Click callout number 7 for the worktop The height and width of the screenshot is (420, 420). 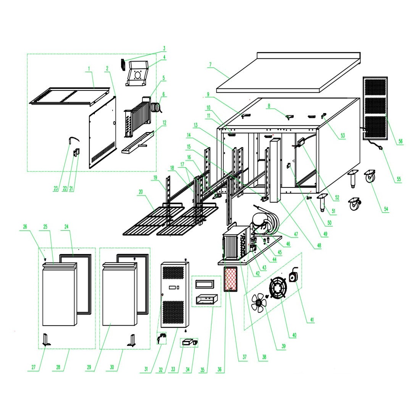tap(210, 65)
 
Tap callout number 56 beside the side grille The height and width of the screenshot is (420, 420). tap(401, 141)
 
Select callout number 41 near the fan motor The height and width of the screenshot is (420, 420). tap(312, 320)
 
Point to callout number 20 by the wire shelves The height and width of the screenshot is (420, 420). tap(141, 192)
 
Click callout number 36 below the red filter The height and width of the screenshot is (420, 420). tap(220, 369)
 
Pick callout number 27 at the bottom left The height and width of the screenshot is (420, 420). tap(34, 367)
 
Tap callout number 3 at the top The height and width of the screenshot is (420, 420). tap(164, 48)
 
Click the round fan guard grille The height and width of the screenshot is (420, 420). tap(278, 288)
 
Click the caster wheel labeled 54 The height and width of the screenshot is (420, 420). tap(370, 176)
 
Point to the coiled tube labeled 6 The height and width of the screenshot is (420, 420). tap(155, 108)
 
